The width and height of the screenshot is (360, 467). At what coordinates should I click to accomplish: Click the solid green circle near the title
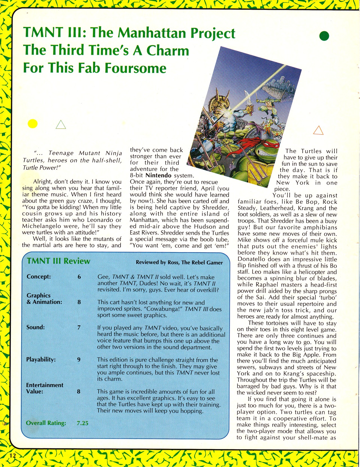pyautogui.click(x=324, y=36)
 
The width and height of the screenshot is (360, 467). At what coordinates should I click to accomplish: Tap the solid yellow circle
pyautogui.click(x=33, y=124)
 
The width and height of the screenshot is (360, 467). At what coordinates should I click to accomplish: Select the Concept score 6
pyautogui.click(x=79, y=277)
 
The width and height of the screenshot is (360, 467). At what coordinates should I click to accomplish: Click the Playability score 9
pyautogui.click(x=79, y=360)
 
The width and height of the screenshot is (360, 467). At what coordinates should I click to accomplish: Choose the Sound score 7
pyautogui.click(x=79, y=327)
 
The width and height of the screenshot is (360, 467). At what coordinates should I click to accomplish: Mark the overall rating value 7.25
pyautogui.click(x=82, y=423)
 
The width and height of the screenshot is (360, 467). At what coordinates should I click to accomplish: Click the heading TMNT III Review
pyautogui.click(x=58, y=261)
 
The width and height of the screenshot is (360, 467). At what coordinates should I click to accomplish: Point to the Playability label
pyautogui.click(x=41, y=360)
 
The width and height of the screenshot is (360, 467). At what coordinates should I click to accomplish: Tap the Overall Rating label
pyautogui.click(x=46, y=423)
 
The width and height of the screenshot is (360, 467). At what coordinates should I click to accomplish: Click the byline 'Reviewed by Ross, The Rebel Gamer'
pyautogui.click(x=179, y=262)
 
